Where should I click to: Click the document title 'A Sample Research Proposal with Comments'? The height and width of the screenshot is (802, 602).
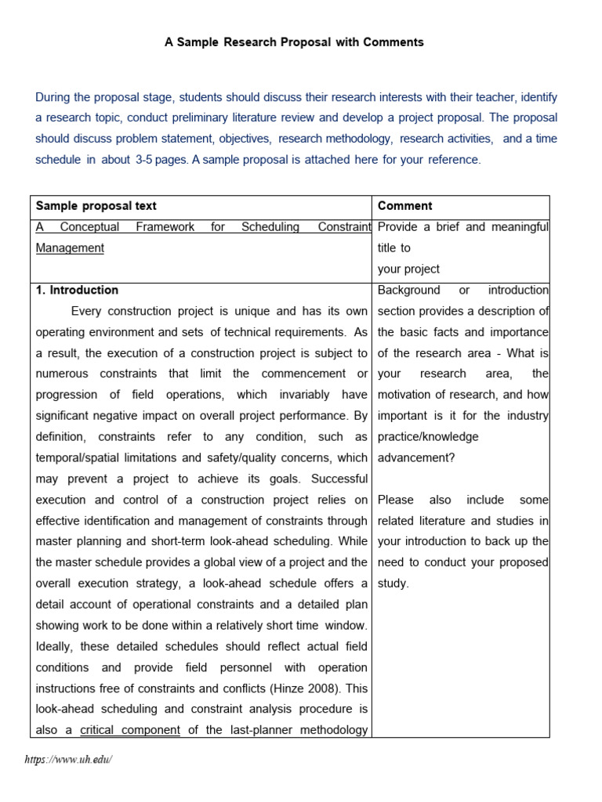294,42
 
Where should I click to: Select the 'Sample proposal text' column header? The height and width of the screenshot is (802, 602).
96,206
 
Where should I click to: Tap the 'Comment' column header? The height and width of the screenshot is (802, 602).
404,206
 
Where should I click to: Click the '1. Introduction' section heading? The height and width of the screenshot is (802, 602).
78,290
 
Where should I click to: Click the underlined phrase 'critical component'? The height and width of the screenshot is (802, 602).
130,730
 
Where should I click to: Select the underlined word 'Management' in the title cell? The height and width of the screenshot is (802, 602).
70,247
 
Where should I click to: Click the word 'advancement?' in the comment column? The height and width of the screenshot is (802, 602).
415,457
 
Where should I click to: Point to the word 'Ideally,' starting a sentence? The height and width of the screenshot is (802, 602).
56,646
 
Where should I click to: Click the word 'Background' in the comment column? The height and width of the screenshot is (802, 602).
409,290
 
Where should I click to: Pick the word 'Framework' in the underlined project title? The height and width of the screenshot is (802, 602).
165,227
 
